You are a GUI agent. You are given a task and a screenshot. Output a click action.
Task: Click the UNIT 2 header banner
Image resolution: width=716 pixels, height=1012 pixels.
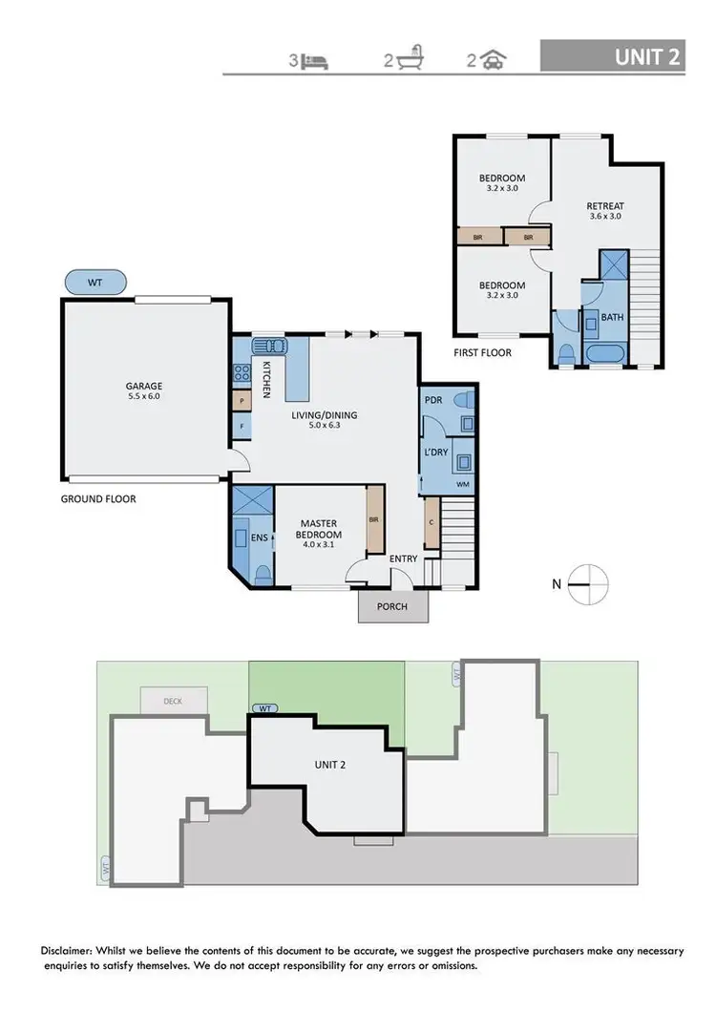click(612, 56)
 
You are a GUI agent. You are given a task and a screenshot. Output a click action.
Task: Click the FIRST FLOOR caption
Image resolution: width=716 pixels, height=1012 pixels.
click(482, 352)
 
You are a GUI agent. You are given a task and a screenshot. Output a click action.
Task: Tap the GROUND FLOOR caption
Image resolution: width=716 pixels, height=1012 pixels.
click(98, 498)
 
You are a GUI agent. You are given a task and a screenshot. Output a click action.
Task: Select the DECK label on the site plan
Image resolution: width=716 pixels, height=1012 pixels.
click(173, 701)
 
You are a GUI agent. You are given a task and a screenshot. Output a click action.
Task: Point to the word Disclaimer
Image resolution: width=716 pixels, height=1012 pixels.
click(71, 952)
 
